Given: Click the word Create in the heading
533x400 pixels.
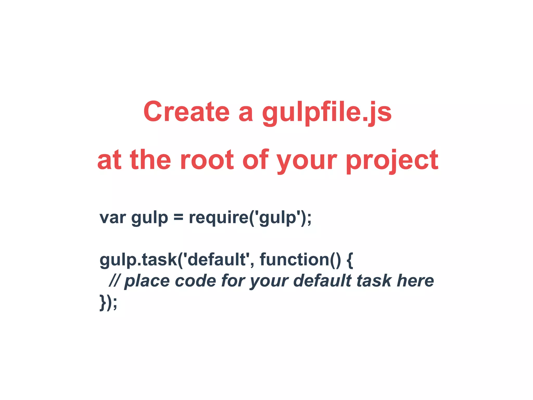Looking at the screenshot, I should click(186, 112).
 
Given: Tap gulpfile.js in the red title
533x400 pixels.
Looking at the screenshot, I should click(327, 113).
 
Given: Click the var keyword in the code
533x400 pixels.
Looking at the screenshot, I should click(113, 218).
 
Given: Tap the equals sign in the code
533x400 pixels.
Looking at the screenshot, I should click(178, 217).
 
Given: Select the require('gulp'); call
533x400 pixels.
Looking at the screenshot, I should click(250, 218).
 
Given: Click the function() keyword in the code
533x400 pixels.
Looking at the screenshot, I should click(300, 260).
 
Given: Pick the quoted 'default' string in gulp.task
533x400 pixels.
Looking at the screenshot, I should click(217, 260).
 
